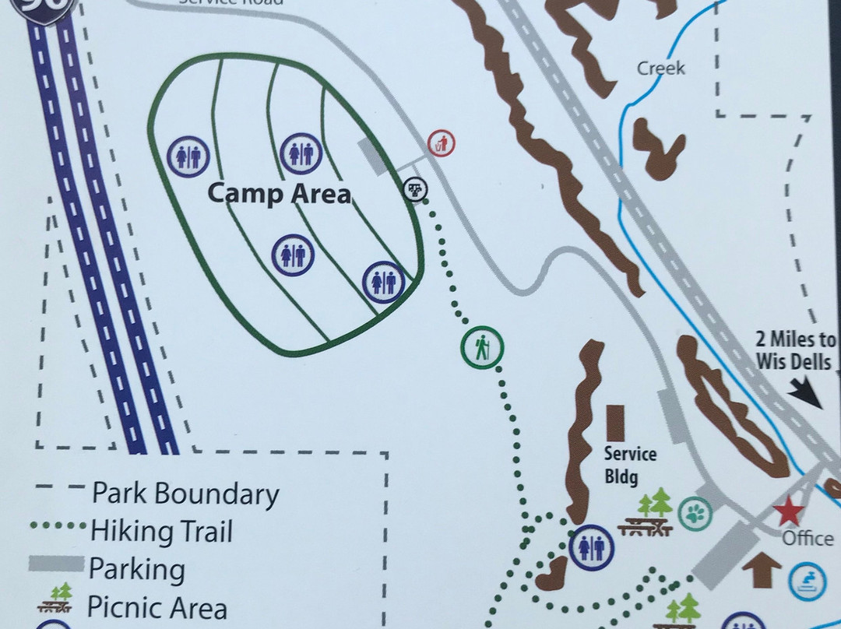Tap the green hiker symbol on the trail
483,347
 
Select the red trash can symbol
442,143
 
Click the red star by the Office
788,513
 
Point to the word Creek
661,69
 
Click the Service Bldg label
630,465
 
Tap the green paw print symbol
695,515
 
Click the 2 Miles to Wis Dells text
795,350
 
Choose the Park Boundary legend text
185,494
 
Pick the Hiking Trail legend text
162,532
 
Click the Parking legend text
136,569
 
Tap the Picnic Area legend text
157,607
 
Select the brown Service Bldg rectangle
616,423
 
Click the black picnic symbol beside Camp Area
415,189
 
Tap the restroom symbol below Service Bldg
592,547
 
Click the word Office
808,539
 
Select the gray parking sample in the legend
56,563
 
